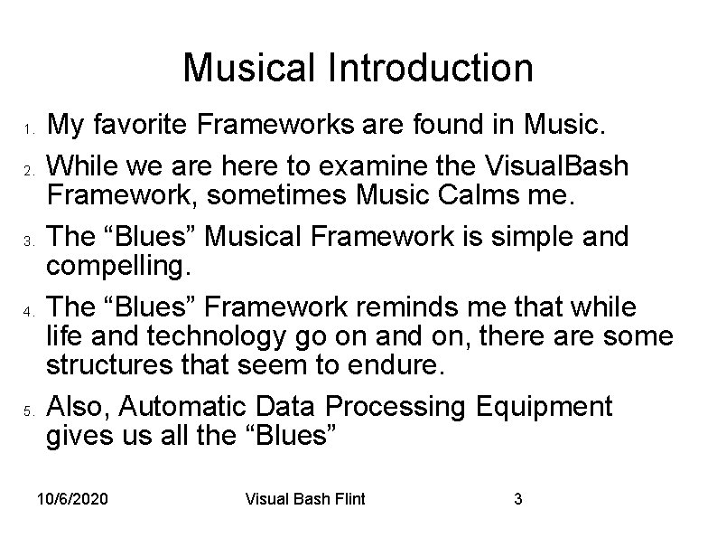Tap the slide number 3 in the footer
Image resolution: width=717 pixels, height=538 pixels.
[517, 499]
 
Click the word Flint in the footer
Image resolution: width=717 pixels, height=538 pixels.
[345, 499]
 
